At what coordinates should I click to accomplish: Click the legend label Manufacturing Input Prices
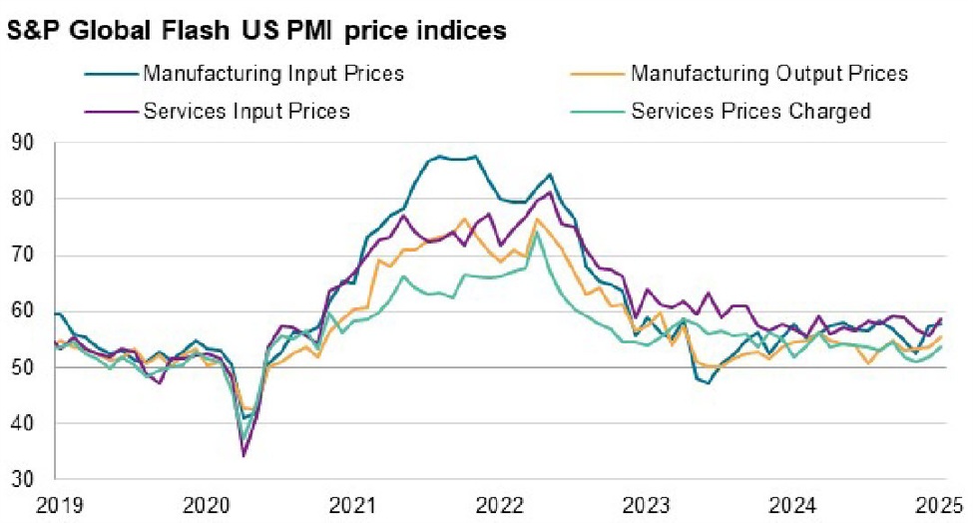click(273, 74)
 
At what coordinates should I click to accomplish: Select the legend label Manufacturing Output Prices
click(769, 74)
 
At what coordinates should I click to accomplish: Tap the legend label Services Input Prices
click(246, 111)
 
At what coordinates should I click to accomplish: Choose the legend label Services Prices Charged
click(750, 111)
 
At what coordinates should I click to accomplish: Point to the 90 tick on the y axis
click(23, 144)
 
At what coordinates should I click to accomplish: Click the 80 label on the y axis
click(23, 200)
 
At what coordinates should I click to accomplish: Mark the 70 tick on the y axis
click(23, 256)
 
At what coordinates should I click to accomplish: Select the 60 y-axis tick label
click(23, 311)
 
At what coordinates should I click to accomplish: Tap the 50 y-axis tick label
click(23, 367)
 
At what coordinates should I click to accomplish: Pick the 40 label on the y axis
click(23, 423)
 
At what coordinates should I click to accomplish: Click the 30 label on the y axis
click(23, 480)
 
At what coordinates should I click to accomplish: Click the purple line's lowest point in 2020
click(243, 455)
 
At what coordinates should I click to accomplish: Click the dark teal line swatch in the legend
click(109, 74)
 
